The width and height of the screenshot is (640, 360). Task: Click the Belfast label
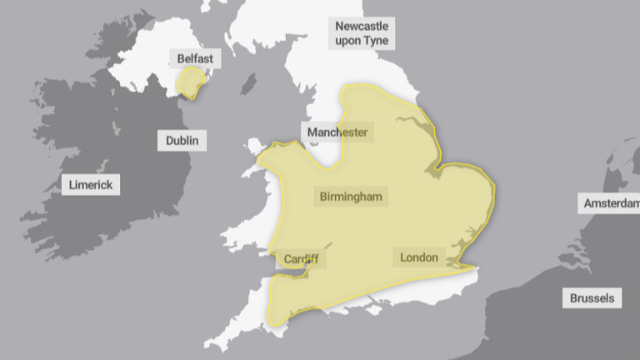195,58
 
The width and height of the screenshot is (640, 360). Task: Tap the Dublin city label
182,141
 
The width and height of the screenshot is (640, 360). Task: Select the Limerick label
91,185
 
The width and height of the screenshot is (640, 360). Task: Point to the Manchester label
337,132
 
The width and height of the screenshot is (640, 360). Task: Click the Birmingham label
351,197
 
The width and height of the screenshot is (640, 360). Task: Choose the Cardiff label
301,259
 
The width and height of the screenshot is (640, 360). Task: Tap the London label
418,257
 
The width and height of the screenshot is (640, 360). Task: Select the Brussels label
592,297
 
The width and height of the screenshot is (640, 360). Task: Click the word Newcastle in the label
362,26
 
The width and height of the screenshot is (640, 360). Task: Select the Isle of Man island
247,85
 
